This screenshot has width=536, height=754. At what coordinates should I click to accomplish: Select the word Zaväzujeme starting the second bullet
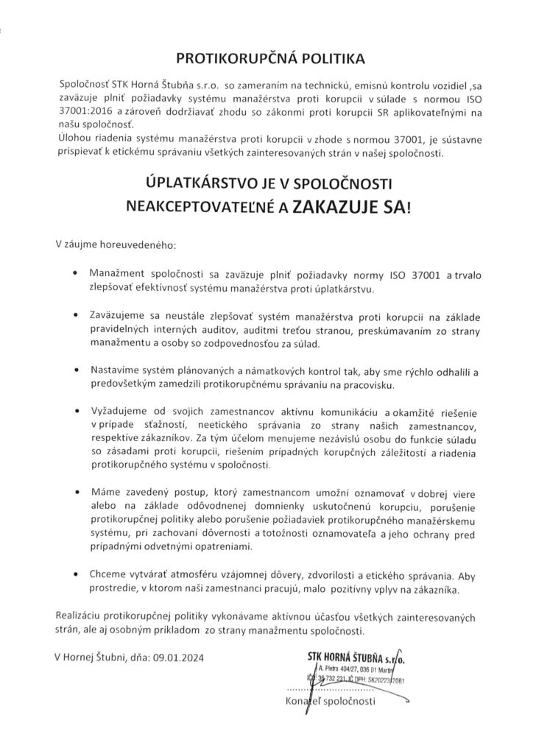(119, 316)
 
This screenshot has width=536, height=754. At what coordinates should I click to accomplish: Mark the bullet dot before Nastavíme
(77, 370)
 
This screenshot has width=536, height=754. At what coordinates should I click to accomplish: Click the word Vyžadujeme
(121, 410)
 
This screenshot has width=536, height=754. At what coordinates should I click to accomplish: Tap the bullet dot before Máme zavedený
(77, 490)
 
